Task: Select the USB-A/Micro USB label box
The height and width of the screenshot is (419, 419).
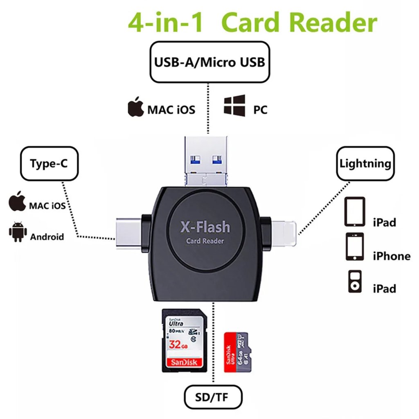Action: pyautogui.click(x=209, y=63)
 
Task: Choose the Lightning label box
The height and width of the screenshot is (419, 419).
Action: pyautogui.click(x=365, y=164)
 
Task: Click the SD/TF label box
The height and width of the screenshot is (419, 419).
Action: pyautogui.click(x=212, y=396)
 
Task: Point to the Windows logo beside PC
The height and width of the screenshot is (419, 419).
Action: pyautogui.click(x=234, y=106)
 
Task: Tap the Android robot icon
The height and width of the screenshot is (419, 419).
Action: pyautogui.click(x=18, y=232)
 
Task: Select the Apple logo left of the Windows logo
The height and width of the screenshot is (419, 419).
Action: pyautogui.click(x=136, y=107)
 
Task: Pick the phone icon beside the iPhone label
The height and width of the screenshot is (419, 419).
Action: pyautogui.click(x=355, y=247)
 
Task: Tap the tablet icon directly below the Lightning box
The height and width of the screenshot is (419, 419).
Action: pyautogui.click(x=355, y=212)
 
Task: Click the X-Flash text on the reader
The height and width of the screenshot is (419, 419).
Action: pyautogui.click(x=205, y=227)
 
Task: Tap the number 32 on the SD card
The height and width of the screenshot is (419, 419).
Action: pyautogui.click(x=175, y=344)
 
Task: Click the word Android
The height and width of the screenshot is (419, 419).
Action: pyautogui.click(x=47, y=237)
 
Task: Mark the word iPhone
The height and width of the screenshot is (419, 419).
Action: pyautogui.click(x=391, y=257)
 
